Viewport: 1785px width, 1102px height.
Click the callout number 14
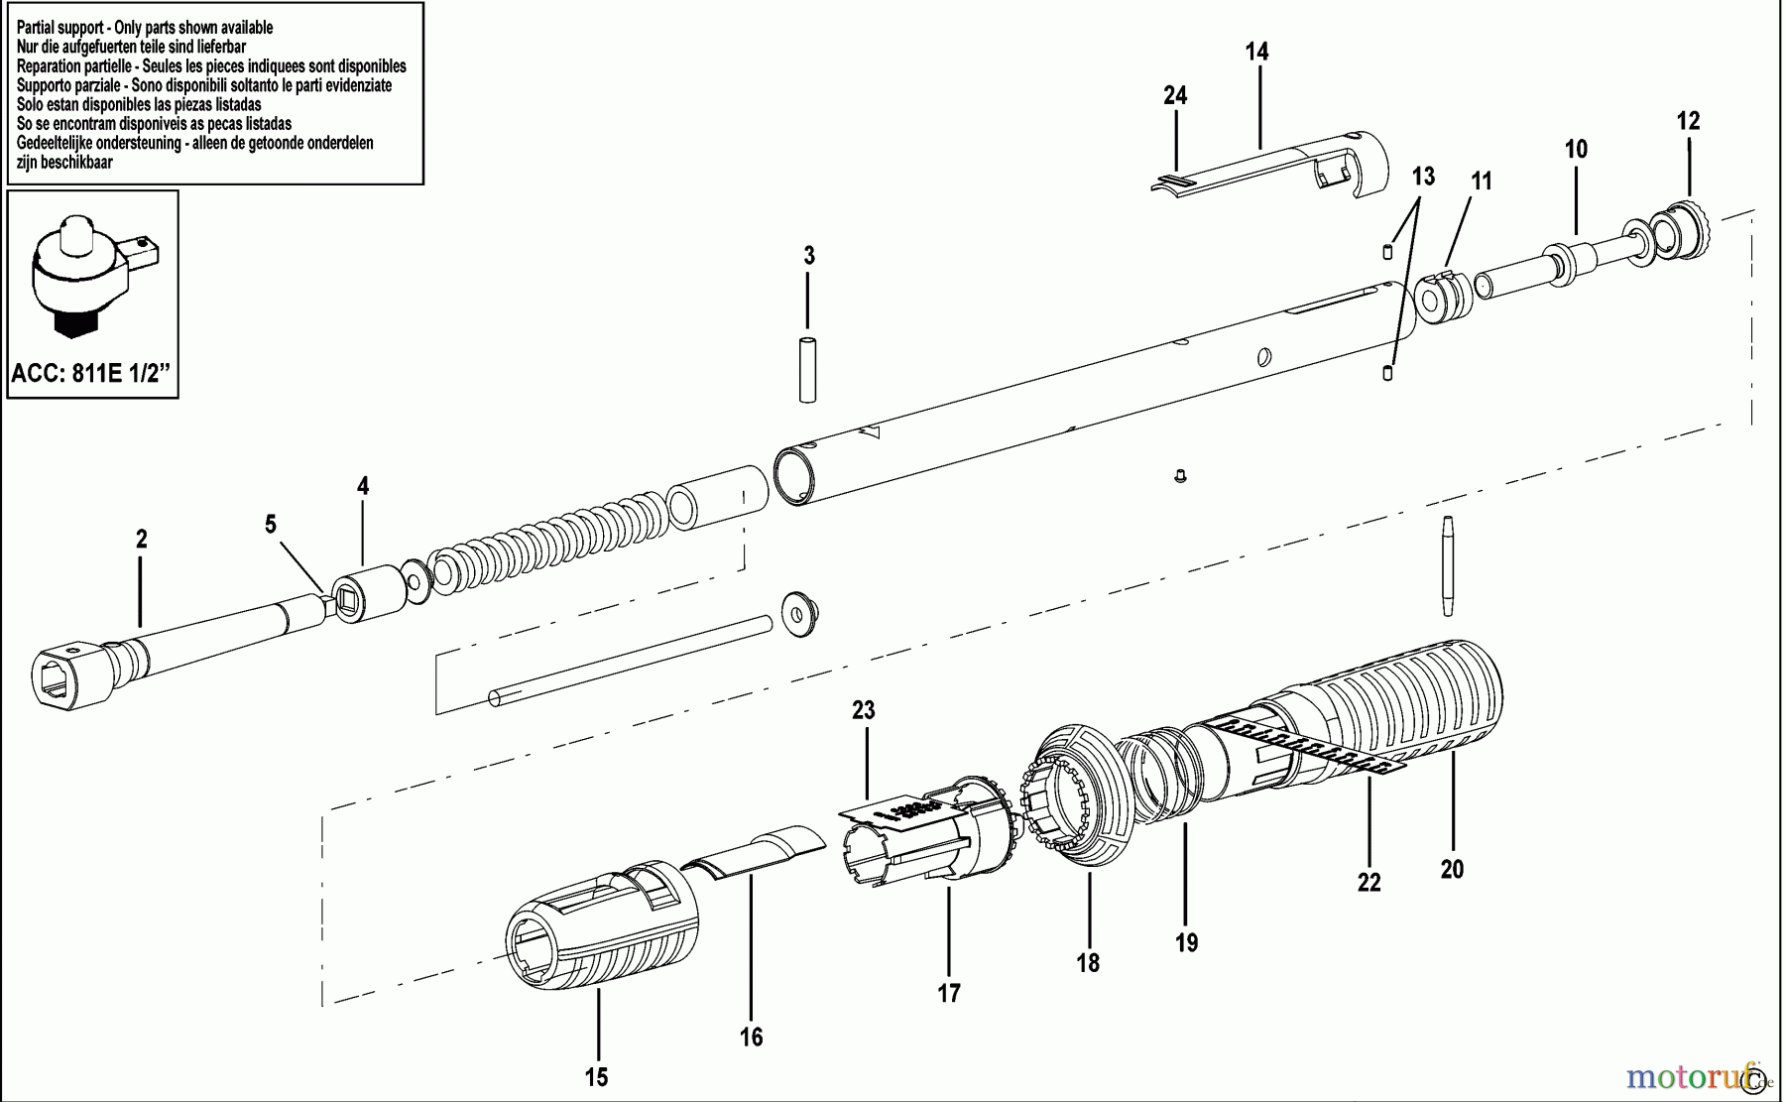[1256, 52]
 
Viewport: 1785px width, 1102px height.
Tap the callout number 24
[1175, 96]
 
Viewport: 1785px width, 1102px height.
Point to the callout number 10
[1576, 150]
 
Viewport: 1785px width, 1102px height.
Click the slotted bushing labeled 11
[1440, 298]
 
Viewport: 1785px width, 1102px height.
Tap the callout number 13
[1423, 177]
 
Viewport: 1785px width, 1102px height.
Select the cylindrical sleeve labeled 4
[369, 594]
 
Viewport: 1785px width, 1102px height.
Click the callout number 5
[271, 525]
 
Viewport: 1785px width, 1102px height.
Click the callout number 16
[751, 1038]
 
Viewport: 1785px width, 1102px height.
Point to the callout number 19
[1186, 942]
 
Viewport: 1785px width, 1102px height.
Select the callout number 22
[1368, 883]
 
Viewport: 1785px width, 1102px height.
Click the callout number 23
[863, 710]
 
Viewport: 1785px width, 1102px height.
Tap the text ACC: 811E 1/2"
[91, 375]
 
